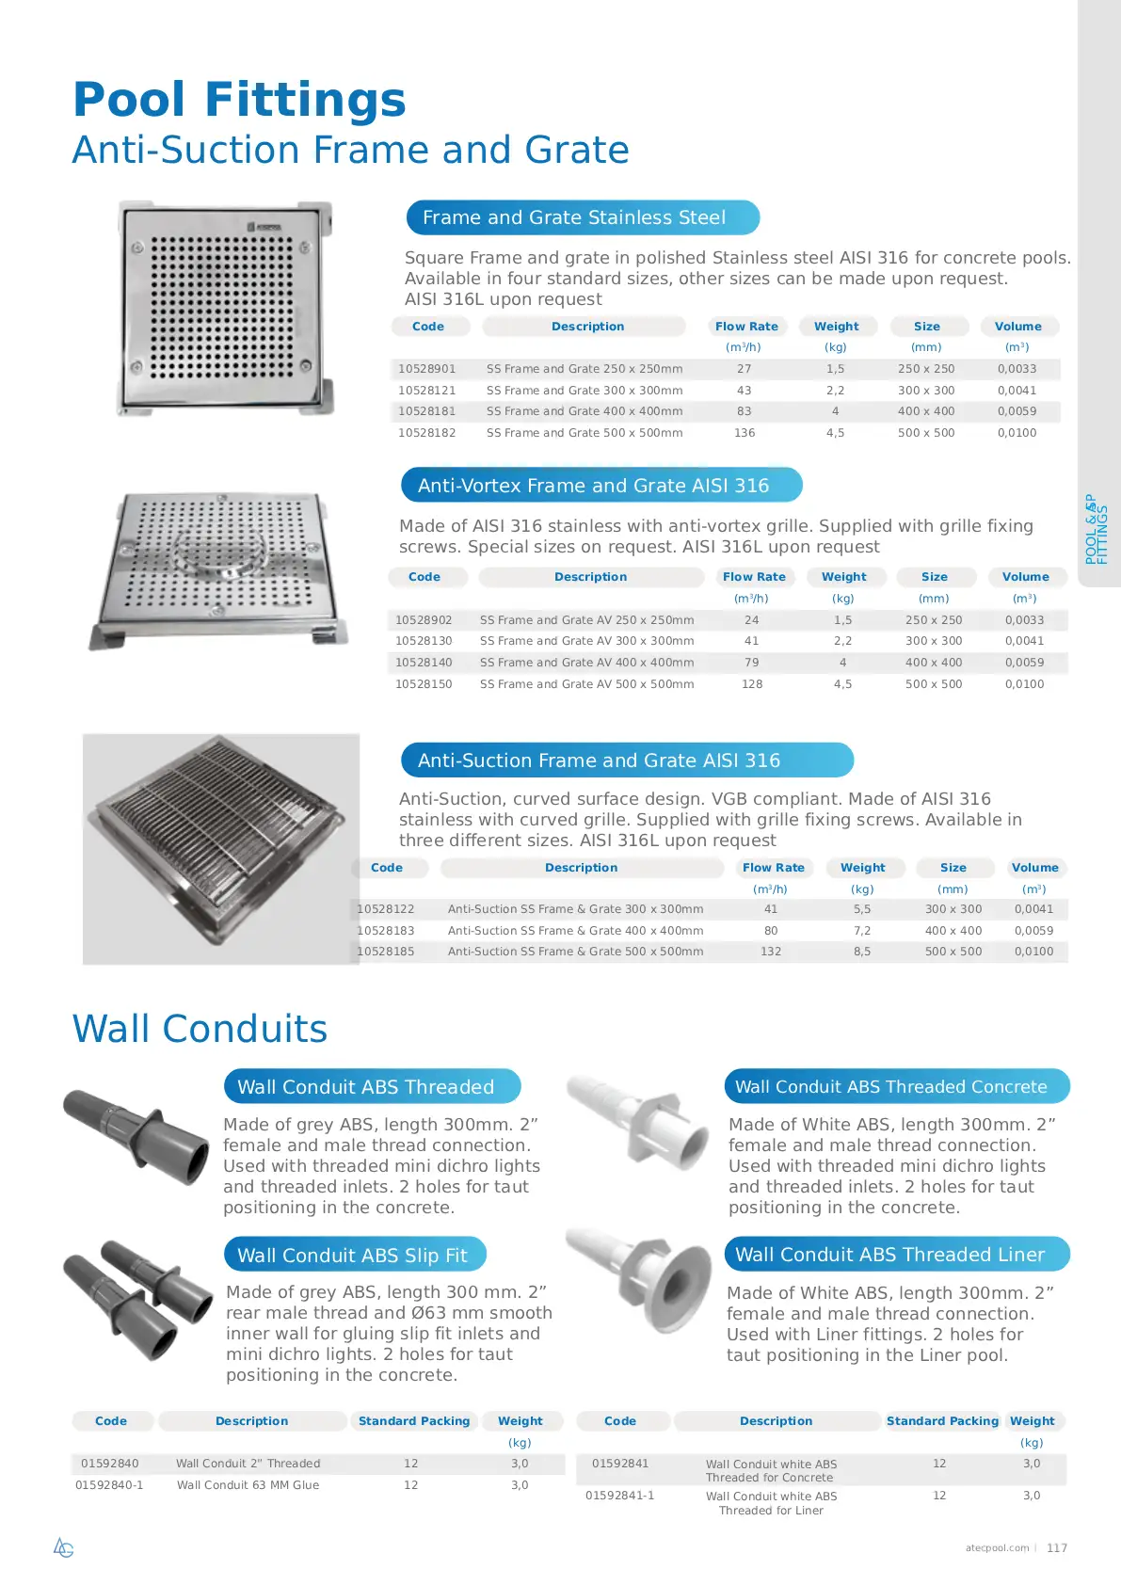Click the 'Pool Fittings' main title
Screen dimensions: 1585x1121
pyautogui.click(x=239, y=100)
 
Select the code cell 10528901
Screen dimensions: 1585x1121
pyautogui.click(x=426, y=369)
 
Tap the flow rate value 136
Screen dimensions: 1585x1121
pyautogui.click(x=745, y=433)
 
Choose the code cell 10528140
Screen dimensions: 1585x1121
pyautogui.click(x=424, y=663)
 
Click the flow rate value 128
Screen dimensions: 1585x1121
pyautogui.click(x=752, y=684)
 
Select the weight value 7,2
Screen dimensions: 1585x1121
pyautogui.click(x=862, y=931)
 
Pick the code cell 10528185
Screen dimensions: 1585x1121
pyautogui.click(x=386, y=952)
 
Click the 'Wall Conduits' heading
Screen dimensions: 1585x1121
pyautogui.click(x=200, y=1029)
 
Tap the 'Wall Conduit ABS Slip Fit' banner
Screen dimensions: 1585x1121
pyautogui.click(x=354, y=1256)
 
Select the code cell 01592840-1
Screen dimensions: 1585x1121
pyautogui.click(x=109, y=1485)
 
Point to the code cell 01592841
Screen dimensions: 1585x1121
pyautogui.click(x=620, y=1464)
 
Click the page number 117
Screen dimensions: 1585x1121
pyautogui.click(x=1057, y=1548)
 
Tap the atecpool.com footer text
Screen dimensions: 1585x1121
pyautogui.click(x=997, y=1548)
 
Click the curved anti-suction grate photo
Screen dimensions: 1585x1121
pyautogui.click(x=220, y=847)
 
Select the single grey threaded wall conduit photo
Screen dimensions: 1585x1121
pyautogui.click(x=136, y=1136)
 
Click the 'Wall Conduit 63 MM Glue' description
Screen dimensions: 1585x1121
pyautogui.click(x=248, y=1485)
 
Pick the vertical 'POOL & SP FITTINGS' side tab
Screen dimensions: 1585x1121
pyautogui.click(x=1097, y=529)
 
